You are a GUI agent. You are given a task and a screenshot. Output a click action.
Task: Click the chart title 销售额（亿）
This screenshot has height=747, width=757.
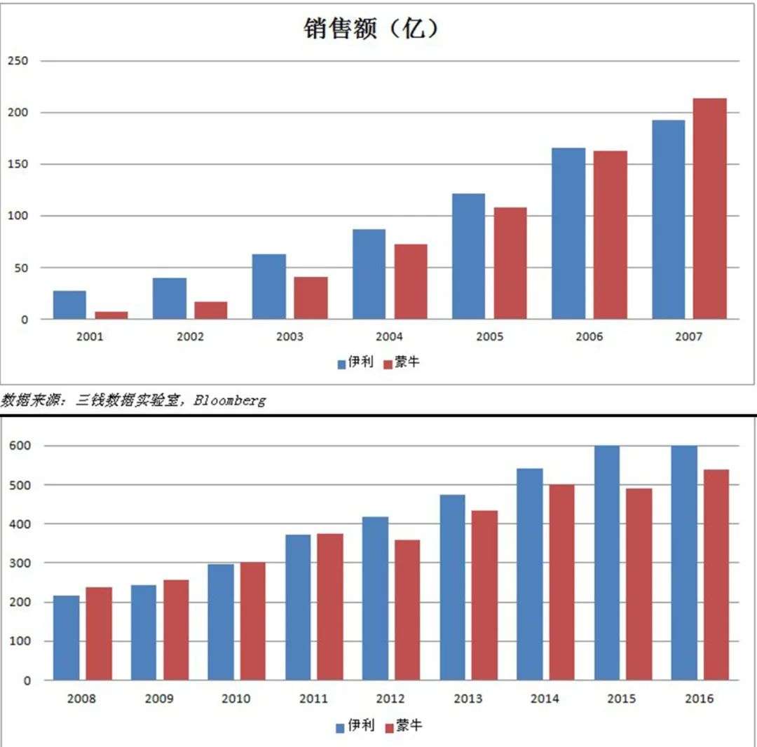pos(371,28)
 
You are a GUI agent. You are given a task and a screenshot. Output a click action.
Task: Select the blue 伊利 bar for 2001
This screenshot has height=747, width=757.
pos(69,305)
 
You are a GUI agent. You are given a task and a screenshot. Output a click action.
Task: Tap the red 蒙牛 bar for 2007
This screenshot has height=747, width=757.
pos(709,209)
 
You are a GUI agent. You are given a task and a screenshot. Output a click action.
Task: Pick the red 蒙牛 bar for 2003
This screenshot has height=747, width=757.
pos(311,298)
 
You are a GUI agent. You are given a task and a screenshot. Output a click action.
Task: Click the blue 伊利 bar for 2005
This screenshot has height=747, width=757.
pos(468,256)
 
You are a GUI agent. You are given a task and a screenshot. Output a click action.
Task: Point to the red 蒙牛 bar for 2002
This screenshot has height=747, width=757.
pos(210,310)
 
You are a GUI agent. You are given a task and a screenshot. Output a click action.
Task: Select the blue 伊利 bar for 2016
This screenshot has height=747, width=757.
pos(684,563)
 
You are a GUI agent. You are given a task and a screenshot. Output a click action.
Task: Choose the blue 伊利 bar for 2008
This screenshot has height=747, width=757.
pos(67,638)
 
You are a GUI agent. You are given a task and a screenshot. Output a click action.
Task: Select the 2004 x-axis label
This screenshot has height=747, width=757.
pos(390,337)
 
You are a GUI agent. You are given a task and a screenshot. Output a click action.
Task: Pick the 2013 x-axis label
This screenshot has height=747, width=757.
pos(468,699)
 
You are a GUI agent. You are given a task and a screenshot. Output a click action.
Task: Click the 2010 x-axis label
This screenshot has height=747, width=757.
pos(236,699)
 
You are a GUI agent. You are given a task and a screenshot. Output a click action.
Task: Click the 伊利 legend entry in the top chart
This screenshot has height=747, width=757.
pos(355,362)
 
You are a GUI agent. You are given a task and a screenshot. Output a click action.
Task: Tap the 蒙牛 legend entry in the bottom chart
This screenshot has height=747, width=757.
pos(403,726)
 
